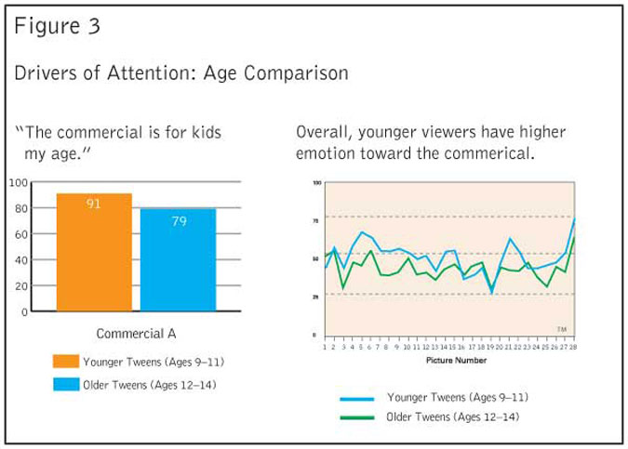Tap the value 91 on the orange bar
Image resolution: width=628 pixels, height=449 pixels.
94,204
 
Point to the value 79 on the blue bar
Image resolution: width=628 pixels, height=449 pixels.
178,221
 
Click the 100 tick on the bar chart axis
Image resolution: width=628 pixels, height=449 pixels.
17,182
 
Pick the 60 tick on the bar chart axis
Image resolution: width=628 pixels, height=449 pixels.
20,234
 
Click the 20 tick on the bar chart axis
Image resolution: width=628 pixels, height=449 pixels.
20,286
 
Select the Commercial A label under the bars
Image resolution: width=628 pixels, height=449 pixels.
136,333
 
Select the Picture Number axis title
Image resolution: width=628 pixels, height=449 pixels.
450,358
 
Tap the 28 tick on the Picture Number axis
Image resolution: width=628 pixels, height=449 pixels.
575,347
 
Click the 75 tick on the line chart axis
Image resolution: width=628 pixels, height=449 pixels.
316,221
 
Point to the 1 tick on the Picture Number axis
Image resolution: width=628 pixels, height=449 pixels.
325,347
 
